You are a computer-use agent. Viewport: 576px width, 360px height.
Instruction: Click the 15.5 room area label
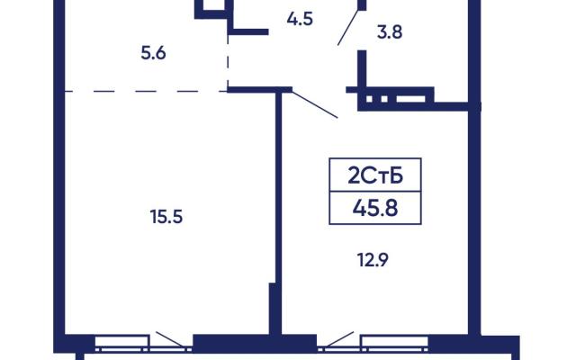coord(166,217)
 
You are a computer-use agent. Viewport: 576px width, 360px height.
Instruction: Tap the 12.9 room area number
coord(373,260)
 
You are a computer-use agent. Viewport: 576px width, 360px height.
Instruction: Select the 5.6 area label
coord(154,54)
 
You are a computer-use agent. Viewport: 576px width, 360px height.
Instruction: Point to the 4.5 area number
coord(300,19)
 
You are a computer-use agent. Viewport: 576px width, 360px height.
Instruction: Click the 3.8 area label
coord(390,32)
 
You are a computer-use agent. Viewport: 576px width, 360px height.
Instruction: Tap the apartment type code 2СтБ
coord(375,176)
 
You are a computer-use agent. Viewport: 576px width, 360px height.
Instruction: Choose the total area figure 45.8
coord(375,208)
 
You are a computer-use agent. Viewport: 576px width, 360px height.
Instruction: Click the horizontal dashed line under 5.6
coord(146,91)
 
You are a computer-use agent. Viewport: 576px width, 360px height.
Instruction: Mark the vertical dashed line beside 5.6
coord(228,61)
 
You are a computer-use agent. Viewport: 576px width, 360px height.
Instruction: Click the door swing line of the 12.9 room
coord(315,104)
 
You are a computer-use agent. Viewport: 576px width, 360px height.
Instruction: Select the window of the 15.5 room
coord(122,341)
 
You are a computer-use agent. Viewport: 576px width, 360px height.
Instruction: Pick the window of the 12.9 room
coord(394,342)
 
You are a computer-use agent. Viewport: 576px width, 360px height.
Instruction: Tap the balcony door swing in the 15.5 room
coord(170,338)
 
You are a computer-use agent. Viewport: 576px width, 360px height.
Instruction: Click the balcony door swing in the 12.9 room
coord(340,338)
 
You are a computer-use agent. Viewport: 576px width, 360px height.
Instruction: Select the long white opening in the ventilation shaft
coord(410,99)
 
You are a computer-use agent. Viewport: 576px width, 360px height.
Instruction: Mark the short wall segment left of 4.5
coord(250,31)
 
